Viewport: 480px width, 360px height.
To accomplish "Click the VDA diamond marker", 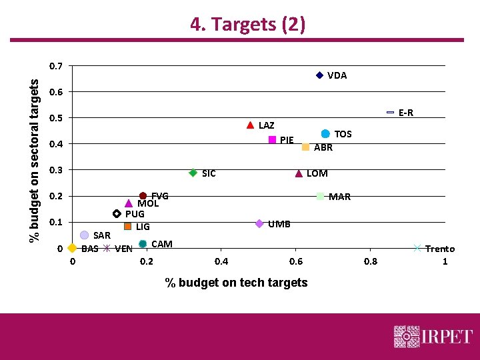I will (x=319, y=75).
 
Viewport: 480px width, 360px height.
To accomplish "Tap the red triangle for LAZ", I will (x=250, y=125).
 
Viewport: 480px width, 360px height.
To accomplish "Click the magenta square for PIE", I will (x=272, y=139).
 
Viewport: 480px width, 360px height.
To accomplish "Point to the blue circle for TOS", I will (x=325, y=134).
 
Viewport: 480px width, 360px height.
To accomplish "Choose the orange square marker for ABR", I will (x=305, y=147).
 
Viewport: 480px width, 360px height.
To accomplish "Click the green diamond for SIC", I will (x=193, y=173).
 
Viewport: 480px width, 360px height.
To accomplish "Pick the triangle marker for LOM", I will (x=299, y=173).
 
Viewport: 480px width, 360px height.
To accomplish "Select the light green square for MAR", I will (x=321, y=196).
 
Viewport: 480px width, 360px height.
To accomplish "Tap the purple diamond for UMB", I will (x=259, y=223).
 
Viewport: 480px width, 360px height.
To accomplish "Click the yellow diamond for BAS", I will (x=72, y=248).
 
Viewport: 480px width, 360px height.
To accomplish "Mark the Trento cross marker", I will (x=417, y=248).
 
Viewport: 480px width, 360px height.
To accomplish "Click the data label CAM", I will (x=162, y=244).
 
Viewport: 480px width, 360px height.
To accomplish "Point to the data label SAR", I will (x=102, y=235).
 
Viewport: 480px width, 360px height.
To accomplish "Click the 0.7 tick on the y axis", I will (x=57, y=66).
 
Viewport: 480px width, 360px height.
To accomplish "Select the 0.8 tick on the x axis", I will (x=370, y=261).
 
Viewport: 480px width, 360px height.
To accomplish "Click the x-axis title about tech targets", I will (x=236, y=283).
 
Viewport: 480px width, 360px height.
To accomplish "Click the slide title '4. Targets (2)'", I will (x=247, y=25).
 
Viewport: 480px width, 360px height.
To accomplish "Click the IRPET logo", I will (x=433, y=337).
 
